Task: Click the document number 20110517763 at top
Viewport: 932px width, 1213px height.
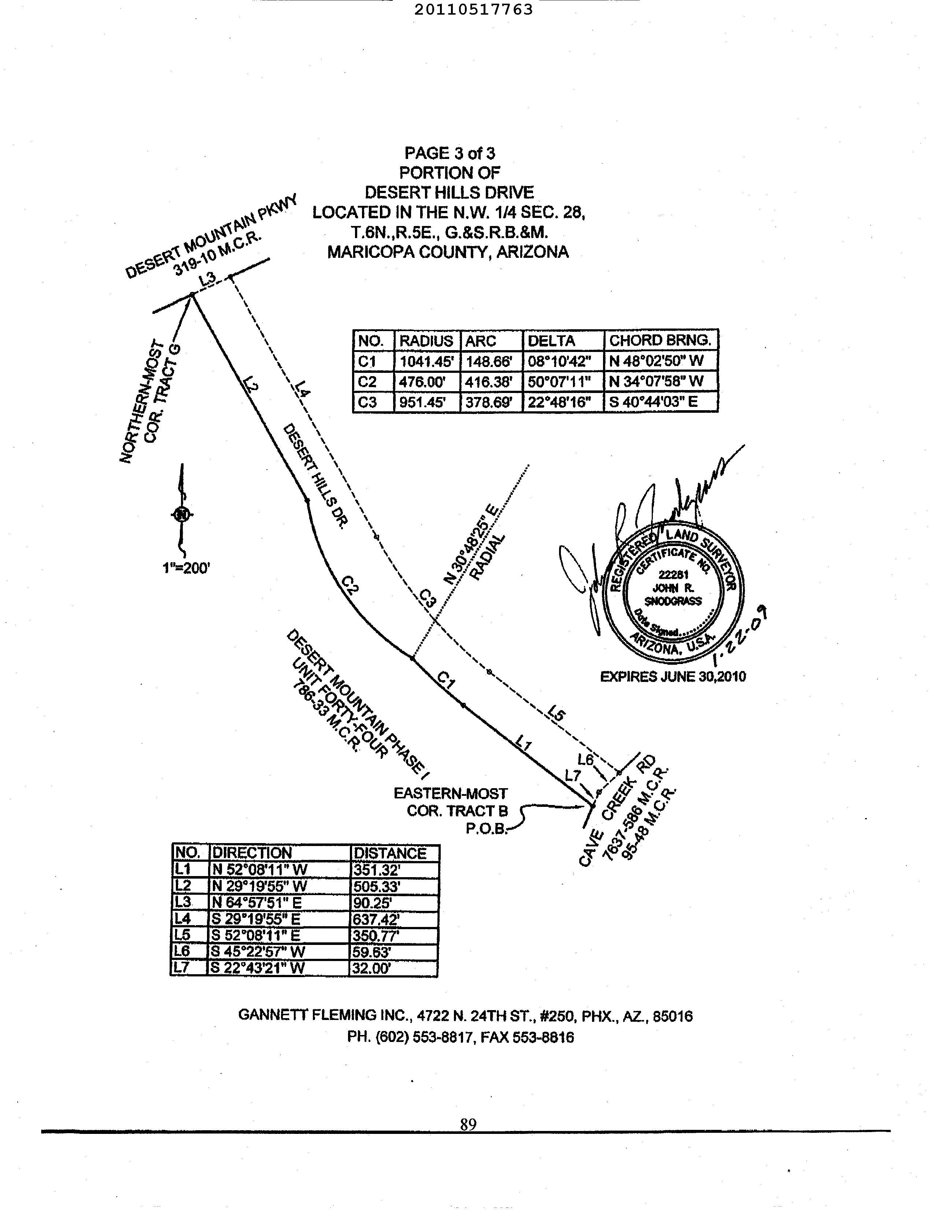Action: point(473,10)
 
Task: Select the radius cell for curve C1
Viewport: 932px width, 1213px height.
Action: point(426,361)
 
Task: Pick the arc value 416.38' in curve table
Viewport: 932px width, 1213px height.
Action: point(491,382)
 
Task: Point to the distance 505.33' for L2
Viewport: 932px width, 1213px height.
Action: point(376,886)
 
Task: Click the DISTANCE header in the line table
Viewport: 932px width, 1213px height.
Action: point(390,853)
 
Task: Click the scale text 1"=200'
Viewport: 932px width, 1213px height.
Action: point(186,568)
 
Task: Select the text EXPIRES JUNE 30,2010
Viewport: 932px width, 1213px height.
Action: point(673,677)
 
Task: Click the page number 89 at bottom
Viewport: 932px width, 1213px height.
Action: point(468,1124)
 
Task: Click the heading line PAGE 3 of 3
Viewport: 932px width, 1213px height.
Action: point(450,153)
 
